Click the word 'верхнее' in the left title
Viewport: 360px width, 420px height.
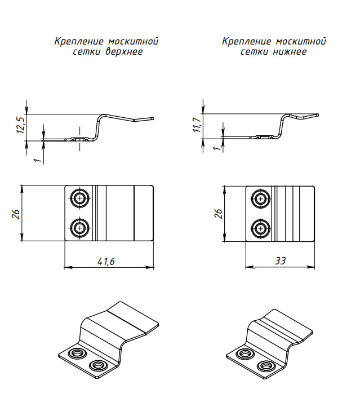(x=123, y=52)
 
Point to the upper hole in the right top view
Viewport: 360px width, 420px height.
(x=260, y=198)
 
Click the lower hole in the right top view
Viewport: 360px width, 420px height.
(x=260, y=228)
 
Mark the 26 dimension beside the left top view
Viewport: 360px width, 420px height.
(x=16, y=213)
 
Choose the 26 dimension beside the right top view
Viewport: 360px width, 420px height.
(x=219, y=213)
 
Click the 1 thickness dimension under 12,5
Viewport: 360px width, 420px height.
(x=37, y=160)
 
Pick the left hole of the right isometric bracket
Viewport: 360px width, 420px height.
(x=244, y=353)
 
